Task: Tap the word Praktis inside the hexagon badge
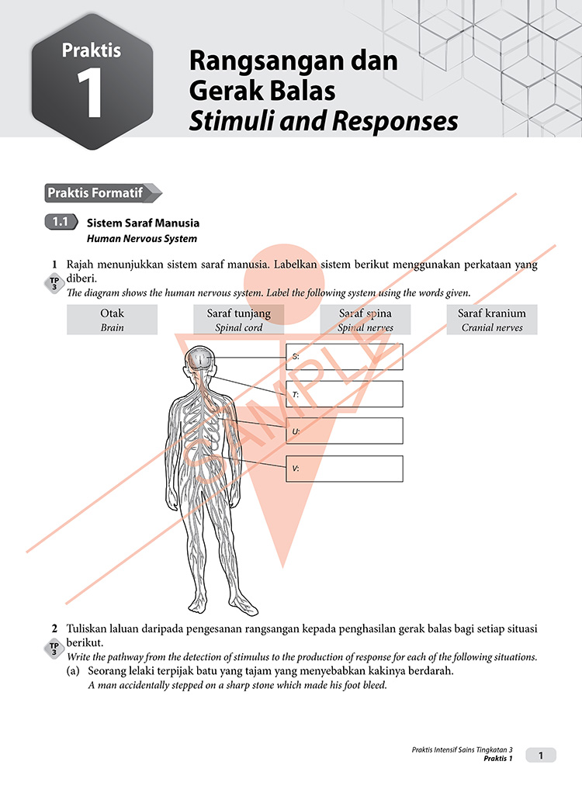click(x=92, y=50)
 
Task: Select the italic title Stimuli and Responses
click(x=324, y=121)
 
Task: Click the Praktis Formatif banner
click(x=101, y=193)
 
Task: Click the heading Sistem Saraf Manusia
click(x=143, y=223)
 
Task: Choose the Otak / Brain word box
click(x=112, y=320)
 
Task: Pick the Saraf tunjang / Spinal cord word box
click(x=238, y=320)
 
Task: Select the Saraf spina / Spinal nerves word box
click(x=365, y=320)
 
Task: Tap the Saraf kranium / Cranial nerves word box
click(x=491, y=320)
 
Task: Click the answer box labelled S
click(x=344, y=357)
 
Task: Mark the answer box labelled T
click(x=344, y=393)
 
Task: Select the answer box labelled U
click(x=344, y=431)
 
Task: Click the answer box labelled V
click(x=344, y=469)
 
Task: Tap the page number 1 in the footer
click(x=541, y=754)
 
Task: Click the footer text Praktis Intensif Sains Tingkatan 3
click(x=462, y=749)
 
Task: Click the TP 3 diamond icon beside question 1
click(x=54, y=285)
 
